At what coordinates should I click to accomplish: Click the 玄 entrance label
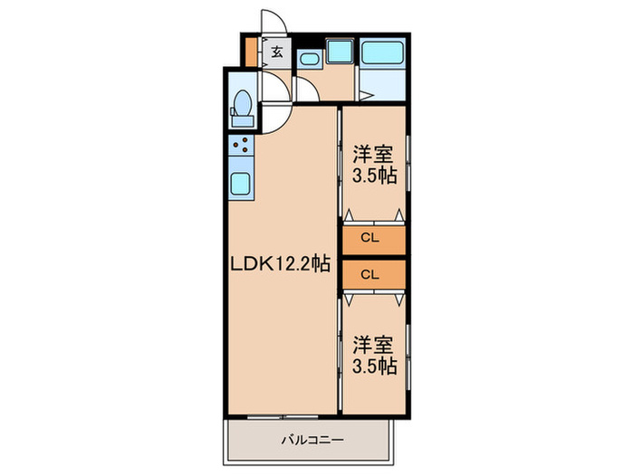tap(277, 52)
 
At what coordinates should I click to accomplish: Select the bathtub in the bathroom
tap(384, 52)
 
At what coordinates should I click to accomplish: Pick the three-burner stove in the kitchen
tap(241, 146)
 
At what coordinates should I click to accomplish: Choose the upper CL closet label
tap(369, 239)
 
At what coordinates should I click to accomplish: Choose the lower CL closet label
tap(369, 273)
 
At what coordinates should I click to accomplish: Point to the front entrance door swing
tap(273, 24)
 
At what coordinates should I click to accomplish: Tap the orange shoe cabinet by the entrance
tap(251, 52)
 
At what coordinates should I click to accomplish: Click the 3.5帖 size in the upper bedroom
tap(374, 176)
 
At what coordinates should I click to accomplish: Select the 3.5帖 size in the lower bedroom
tap(374, 366)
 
